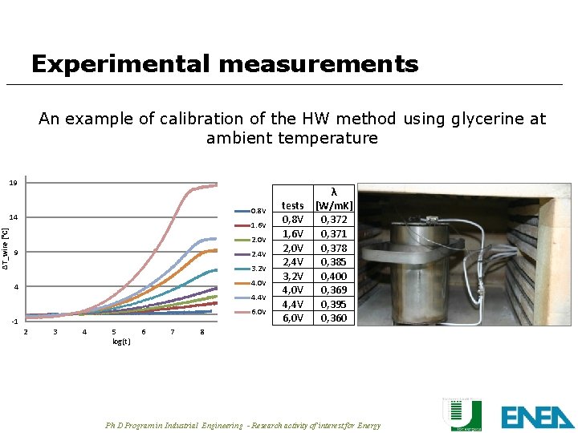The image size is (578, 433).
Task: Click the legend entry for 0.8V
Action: click(x=258, y=211)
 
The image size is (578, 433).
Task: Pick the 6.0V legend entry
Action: click(x=258, y=312)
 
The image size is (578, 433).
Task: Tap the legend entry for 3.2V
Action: click(x=258, y=269)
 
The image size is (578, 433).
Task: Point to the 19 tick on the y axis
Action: click(x=13, y=183)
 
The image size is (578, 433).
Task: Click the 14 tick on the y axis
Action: click(x=13, y=217)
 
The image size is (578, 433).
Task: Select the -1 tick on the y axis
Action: click(x=13, y=322)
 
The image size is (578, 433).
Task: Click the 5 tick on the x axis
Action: click(x=114, y=332)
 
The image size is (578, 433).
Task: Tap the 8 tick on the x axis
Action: click(x=202, y=332)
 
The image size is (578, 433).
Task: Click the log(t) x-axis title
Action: click(x=121, y=342)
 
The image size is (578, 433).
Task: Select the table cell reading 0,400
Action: click(x=334, y=276)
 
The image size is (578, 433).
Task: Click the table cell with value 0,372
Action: click(x=334, y=219)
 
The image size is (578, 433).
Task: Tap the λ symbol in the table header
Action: click(x=334, y=192)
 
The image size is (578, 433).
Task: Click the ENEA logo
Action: click(x=537, y=416)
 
